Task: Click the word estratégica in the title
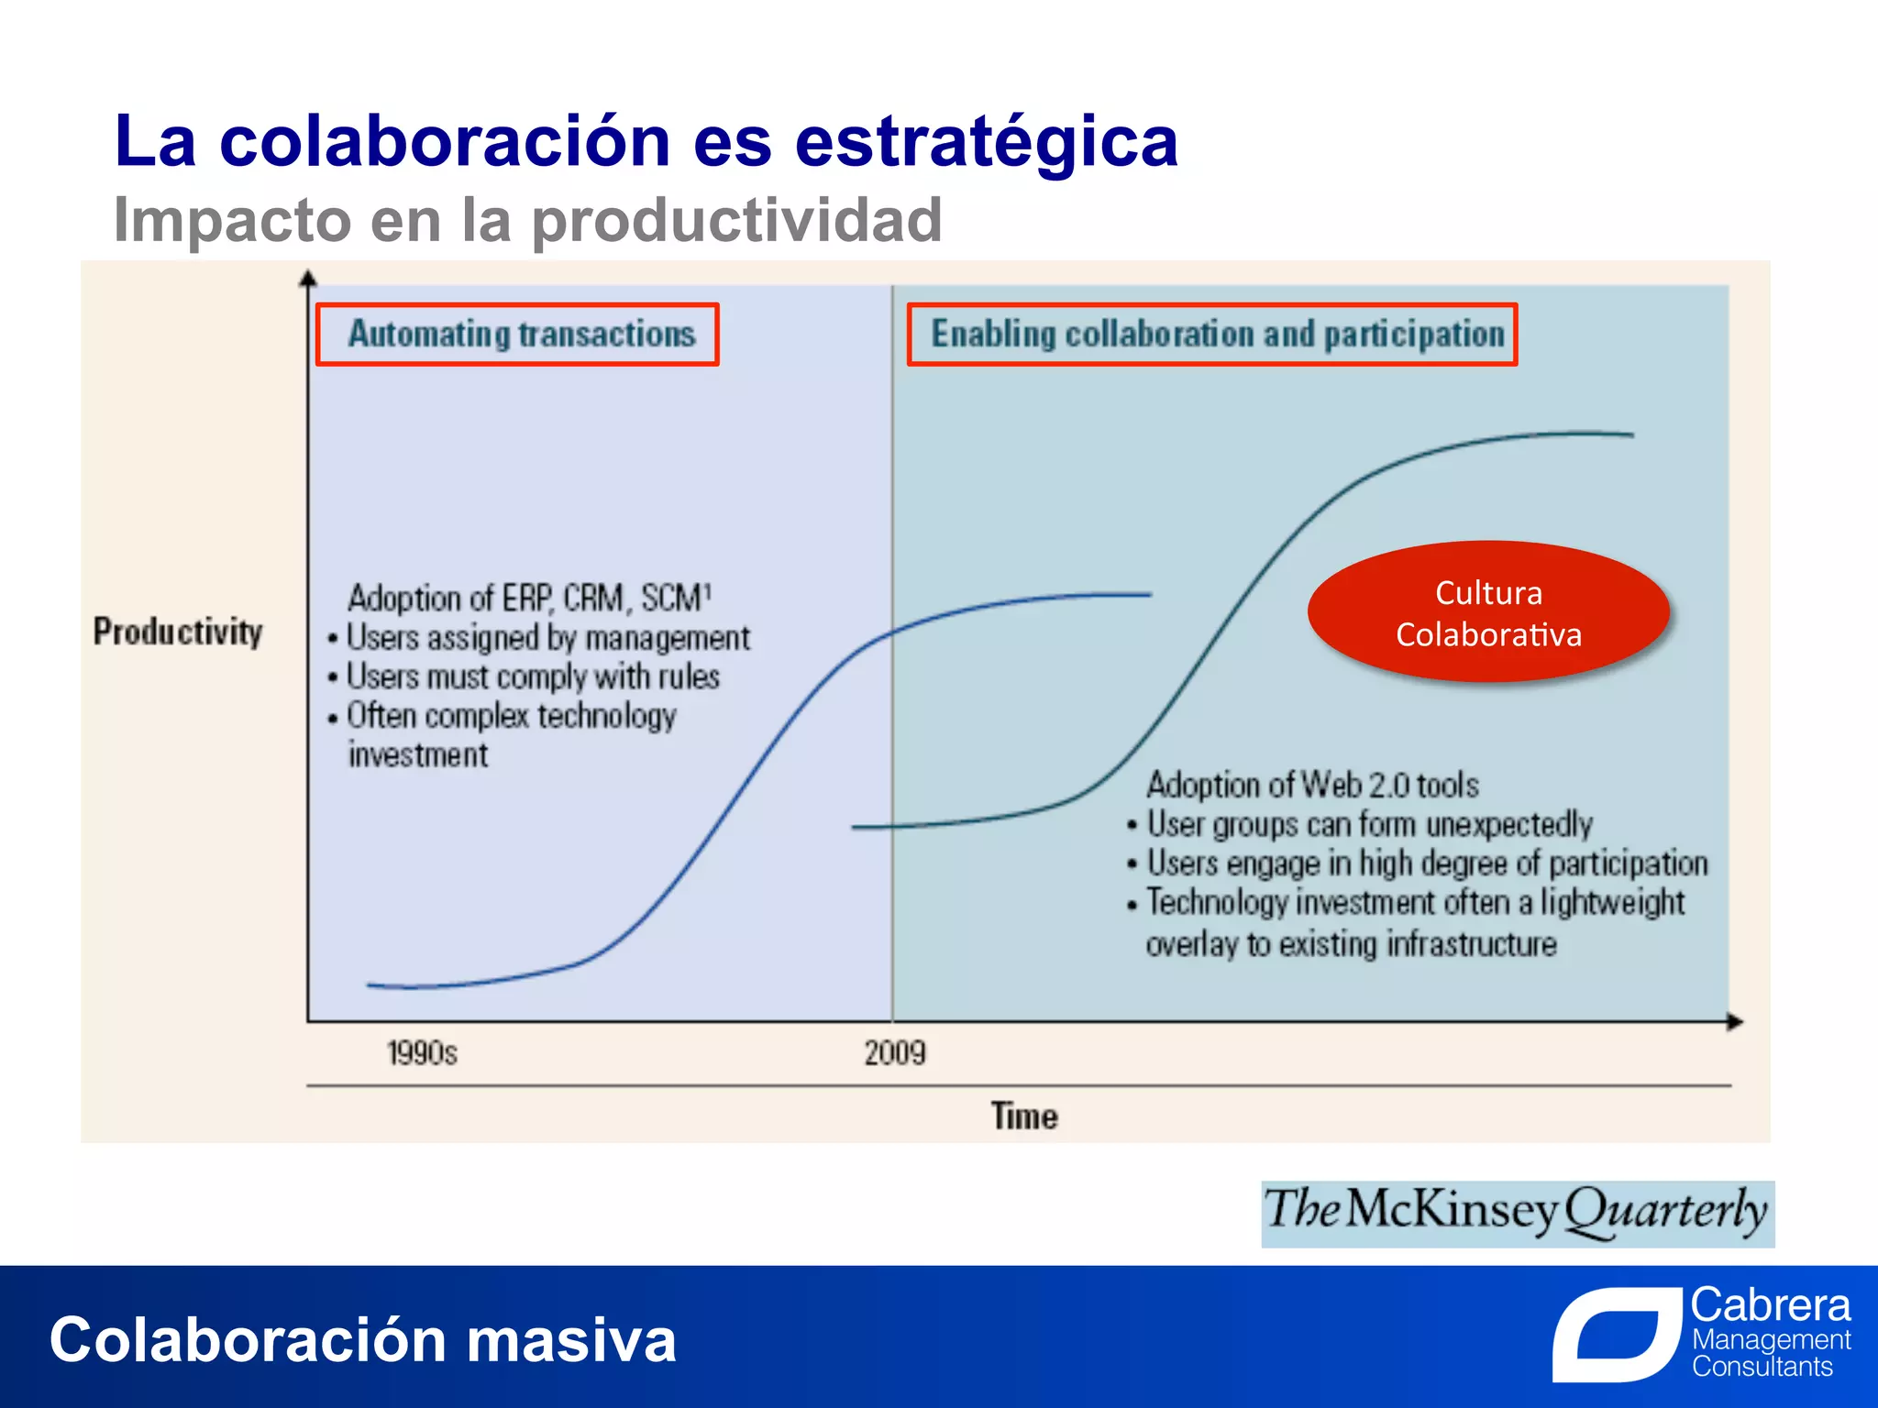click(x=986, y=143)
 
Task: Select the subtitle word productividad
click(x=736, y=221)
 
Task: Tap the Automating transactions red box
click(x=517, y=335)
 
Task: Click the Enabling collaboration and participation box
click(x=1211, y=335)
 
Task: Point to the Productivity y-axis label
click(x=178, y=632)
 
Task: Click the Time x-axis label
click(x=1023, y=1116)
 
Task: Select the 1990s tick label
click(x=422, y=1053)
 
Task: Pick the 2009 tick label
click(x=895, y=1053)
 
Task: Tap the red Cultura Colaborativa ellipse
click(x=1487, y=612)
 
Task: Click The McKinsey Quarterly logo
click(x=1517, y=1213)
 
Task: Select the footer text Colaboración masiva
click(x=363, y=1340)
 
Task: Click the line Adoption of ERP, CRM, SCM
click(x=529, y=599)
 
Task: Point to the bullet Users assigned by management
click(x=547, y=638)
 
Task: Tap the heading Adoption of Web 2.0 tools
click(x=1312, y=786)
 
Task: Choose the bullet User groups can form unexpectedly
click(x=1369, y=825)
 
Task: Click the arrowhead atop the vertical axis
click(x=308, y=278)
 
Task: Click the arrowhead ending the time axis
click(x=1734, y=1021)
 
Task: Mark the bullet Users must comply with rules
click(x=532, y=677)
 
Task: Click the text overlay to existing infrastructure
click(x=1351, y=944)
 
